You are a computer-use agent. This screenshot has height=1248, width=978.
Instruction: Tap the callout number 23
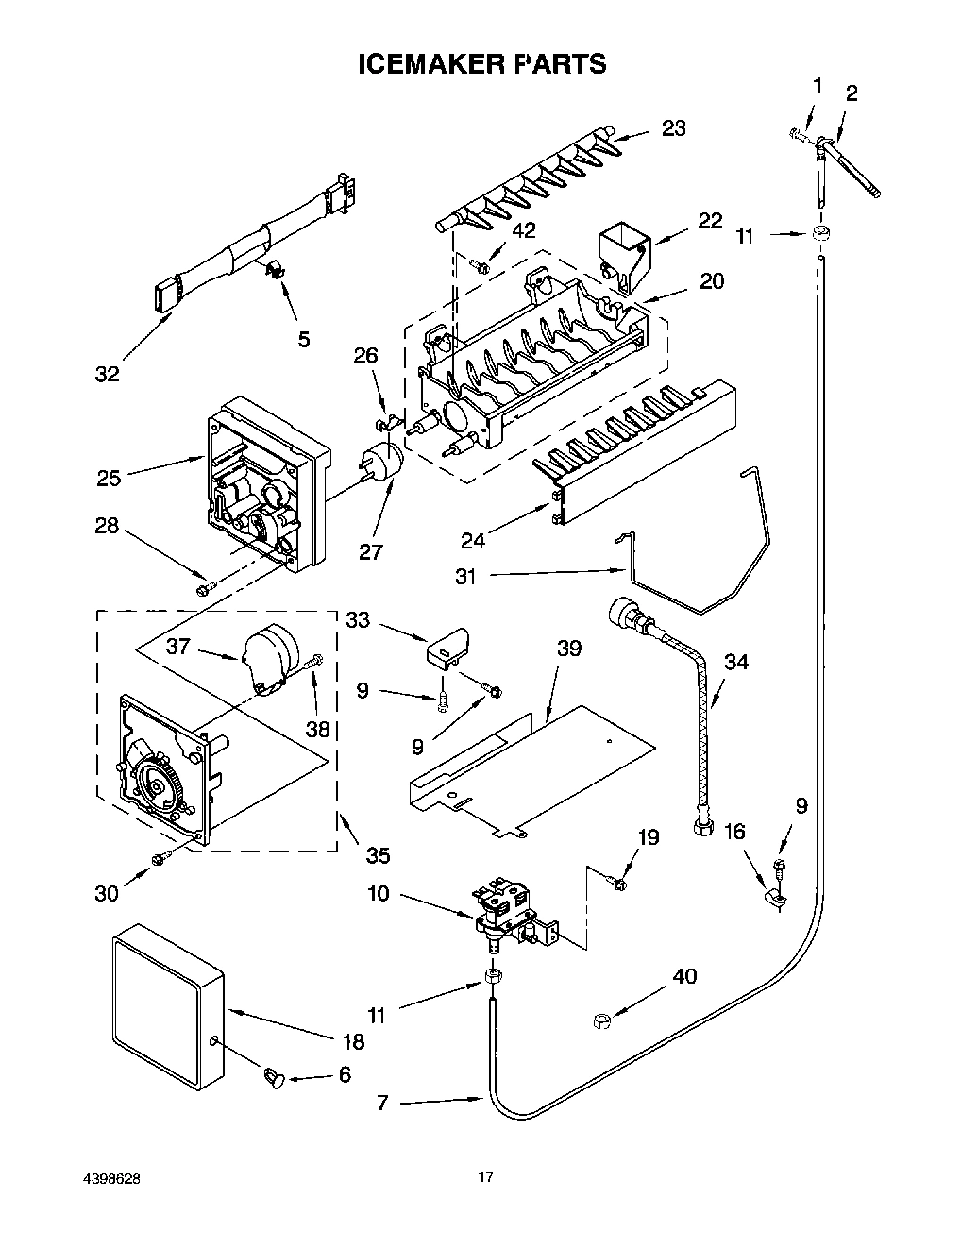(673, 128)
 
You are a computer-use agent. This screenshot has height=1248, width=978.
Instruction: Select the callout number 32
(108, 374)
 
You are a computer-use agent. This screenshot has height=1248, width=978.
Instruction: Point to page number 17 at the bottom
(485, 1176)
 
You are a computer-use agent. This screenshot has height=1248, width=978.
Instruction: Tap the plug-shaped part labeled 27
(383, 463)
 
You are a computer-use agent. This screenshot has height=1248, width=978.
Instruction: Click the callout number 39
(568, 649)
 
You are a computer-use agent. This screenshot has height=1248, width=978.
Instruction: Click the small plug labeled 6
(272, 1075)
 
